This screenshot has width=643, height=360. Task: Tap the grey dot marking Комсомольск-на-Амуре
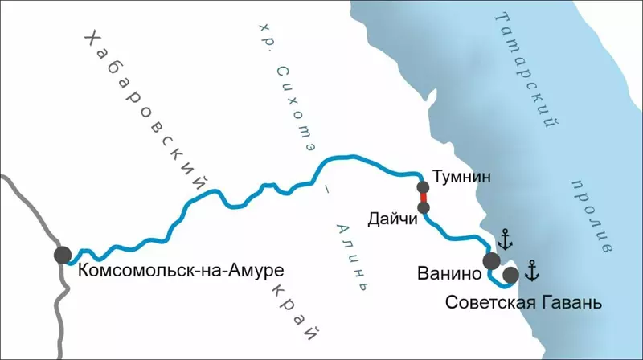tap(63, 255)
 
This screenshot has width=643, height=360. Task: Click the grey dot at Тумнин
tap(424, 185)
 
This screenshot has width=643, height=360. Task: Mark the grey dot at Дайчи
tap(424, 208)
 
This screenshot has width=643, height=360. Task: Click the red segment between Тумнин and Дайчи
tap(424, 197)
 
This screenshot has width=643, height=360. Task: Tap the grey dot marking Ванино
tap(491, 260)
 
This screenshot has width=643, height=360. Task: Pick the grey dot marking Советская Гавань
tap(510, 276)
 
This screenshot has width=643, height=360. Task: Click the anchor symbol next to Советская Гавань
tap(531, 271)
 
